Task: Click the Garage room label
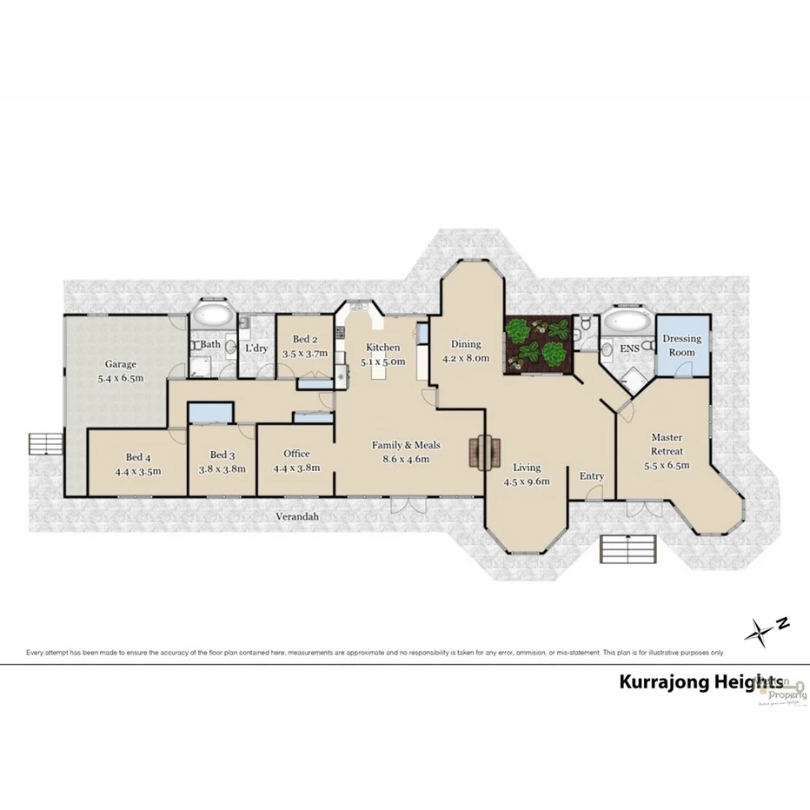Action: tap(120, 364)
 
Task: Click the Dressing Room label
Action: tap(681, 345)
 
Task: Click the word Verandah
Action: tap(297, 516)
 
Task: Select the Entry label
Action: tap(592, 476)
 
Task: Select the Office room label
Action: tap(296, 454)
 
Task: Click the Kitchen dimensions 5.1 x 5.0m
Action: tap(383, 362)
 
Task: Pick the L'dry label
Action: tap(256, 348)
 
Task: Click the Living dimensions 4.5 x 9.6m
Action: tap(526, 482)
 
